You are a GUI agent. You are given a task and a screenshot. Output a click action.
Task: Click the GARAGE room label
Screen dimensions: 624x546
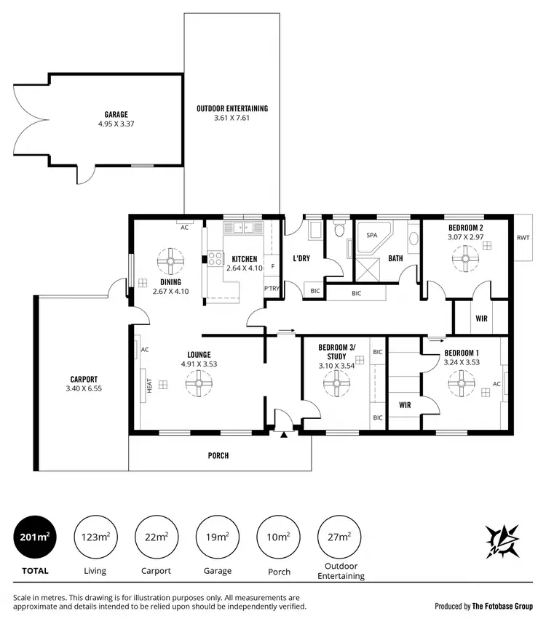116,114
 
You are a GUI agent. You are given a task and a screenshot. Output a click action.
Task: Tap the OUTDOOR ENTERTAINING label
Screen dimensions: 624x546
232,108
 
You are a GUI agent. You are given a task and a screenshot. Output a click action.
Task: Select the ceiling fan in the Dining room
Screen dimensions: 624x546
171,260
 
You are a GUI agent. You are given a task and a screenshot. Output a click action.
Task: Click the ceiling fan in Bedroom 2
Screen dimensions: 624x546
464,255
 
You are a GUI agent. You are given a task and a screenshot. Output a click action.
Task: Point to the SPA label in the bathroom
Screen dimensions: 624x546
371,236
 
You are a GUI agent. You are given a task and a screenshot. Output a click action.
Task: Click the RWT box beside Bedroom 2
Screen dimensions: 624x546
523,238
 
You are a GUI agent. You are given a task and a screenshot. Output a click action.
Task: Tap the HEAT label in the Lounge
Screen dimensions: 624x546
149,385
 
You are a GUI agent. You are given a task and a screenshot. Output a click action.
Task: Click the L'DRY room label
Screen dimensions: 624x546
302,258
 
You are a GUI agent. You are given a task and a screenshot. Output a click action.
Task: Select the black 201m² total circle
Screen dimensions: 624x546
34,537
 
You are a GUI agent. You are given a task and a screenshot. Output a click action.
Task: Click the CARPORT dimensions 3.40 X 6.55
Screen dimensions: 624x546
84,389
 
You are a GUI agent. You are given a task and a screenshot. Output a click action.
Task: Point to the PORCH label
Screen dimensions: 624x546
218,456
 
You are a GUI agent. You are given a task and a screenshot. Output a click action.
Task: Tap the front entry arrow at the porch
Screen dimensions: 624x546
283,434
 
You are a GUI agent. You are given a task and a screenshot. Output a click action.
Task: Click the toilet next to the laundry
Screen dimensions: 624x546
338,231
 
